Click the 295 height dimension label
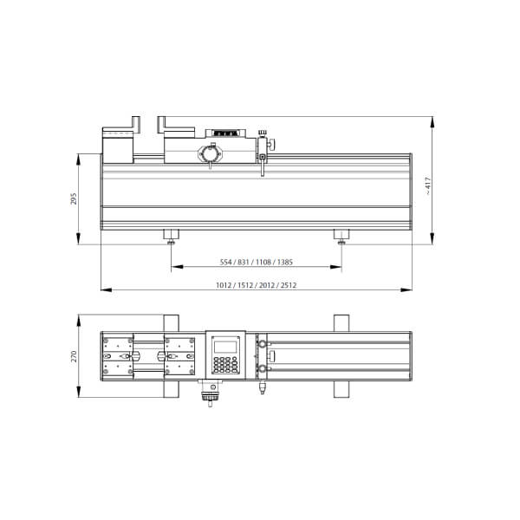(74, 198)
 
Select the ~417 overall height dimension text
(428, 186)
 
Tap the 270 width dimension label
(74, 356)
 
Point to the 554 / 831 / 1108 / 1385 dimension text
(257, 262)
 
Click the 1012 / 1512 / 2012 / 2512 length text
(256, 285)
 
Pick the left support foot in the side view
(171, 237)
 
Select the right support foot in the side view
(341, 237)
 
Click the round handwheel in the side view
(210, 154)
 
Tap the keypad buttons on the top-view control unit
(226, 365)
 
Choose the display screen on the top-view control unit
(225, 347)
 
